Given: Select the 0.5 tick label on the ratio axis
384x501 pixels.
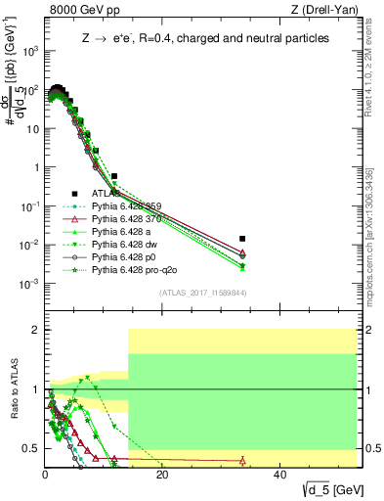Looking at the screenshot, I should point(33,448).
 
